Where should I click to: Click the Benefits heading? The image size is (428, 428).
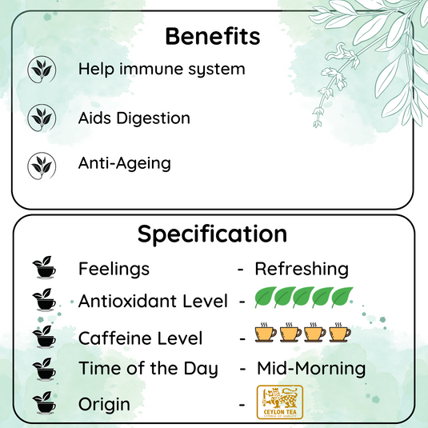212,36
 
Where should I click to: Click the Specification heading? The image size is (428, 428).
212,234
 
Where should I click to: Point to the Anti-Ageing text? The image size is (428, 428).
124,163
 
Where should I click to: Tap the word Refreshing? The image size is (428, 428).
302,269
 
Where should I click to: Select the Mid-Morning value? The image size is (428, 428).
311,369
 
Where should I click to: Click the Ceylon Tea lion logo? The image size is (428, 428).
279,402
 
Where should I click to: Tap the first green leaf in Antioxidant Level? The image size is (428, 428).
265,299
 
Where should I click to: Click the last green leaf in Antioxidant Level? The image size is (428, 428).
342,299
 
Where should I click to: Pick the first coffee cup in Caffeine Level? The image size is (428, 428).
265,332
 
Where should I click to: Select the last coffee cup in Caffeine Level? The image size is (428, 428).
342,332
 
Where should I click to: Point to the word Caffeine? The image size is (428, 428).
114,338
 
